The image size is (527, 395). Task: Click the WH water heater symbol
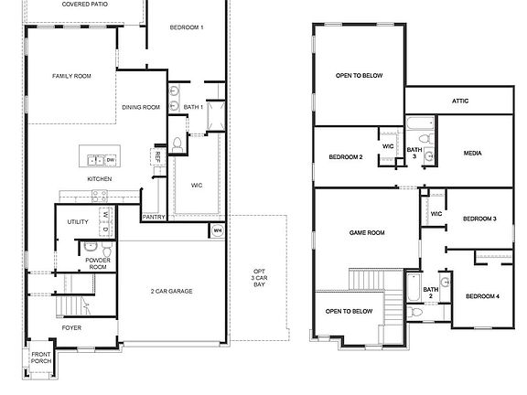[218, 230]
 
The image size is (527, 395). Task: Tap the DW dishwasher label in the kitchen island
[111, 160]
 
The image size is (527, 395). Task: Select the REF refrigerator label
[157, 156]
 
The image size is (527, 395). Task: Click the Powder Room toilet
[107, 250]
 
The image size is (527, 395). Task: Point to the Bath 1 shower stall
[216, 116]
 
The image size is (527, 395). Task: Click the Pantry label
[154, 217]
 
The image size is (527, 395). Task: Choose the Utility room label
[78, 221]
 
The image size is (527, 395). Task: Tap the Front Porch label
[41, 358]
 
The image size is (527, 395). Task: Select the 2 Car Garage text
[171, 291]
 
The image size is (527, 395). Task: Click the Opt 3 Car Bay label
[259, 278]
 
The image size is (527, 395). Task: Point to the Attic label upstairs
[460, 101]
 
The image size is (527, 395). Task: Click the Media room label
[472, 154]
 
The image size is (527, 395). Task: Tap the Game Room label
[367, 232]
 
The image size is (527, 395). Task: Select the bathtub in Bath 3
[420, 123]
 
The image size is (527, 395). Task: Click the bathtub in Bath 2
[413, 287]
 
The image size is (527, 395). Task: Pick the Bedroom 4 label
[482, 296]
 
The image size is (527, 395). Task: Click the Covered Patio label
[85, 4]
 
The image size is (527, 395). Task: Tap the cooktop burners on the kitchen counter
[100, 196]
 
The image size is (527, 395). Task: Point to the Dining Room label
[141, 107]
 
